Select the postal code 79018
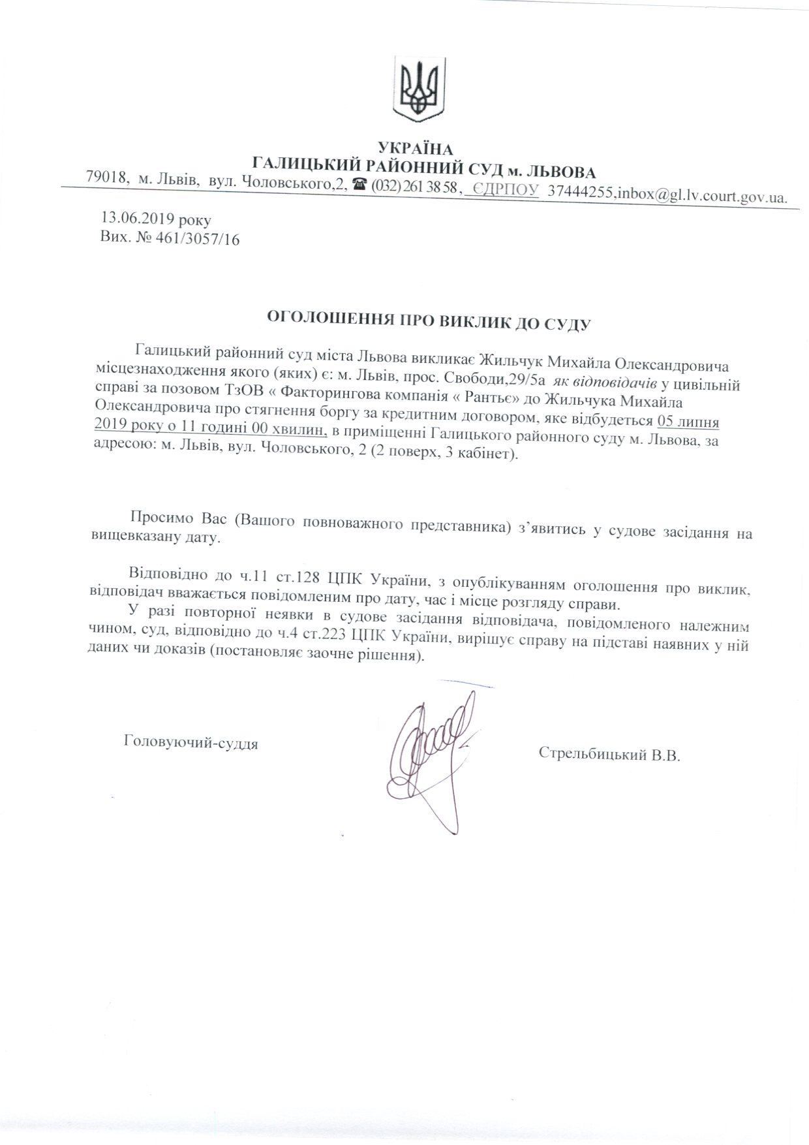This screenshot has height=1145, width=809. tap(106, 177)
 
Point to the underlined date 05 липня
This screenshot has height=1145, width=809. tap(688, 420)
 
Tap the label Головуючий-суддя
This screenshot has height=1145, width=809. tap(191, 742)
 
